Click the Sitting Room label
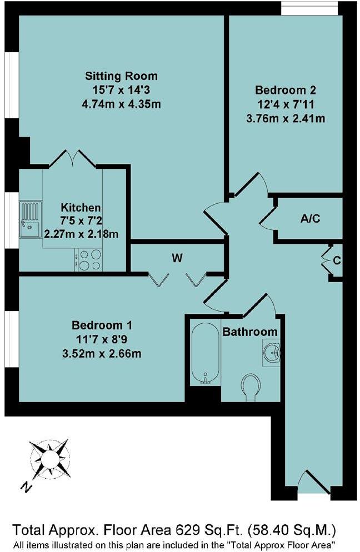121,76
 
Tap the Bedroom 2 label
285,90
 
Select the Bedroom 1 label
102,324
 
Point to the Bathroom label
250,332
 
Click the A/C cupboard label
310,219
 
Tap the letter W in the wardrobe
177,258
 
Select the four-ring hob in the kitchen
88,259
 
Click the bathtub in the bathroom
201,354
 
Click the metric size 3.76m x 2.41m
285,118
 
